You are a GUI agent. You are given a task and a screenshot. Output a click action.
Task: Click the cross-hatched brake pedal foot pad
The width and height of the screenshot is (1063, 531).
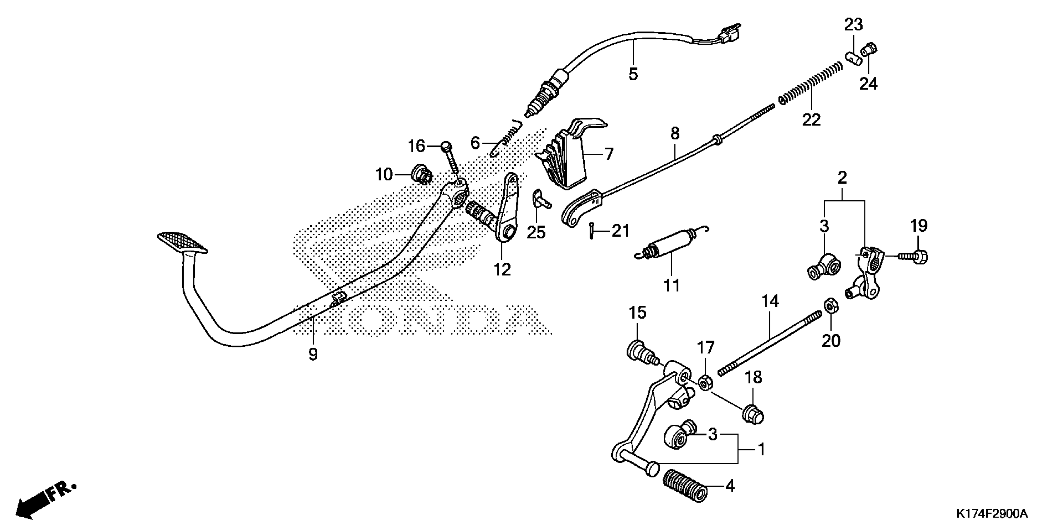pos(182,242)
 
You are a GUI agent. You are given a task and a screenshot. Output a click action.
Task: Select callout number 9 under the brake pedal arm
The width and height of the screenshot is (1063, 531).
pos(313,354)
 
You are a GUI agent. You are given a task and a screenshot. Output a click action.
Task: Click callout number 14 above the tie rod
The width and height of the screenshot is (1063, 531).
pos(770,301)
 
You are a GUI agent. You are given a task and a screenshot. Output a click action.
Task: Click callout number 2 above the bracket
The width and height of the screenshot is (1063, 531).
pos(843,178)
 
